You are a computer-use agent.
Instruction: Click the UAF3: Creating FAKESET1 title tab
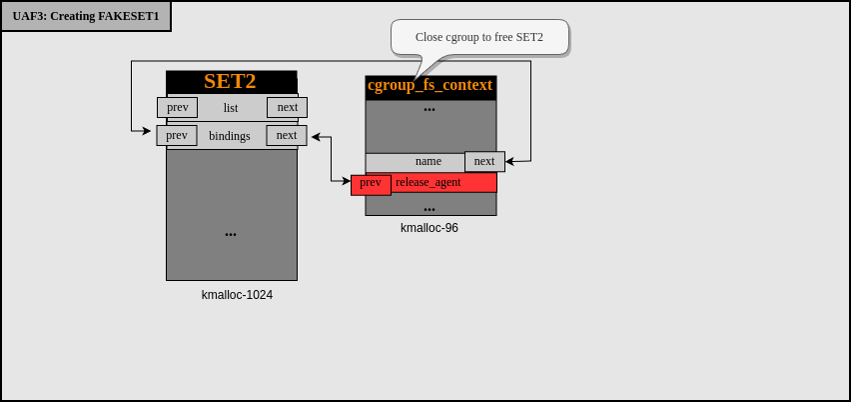(86, 16)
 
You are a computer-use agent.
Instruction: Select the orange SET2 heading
(231, 82)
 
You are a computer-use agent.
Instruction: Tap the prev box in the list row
(177, 107)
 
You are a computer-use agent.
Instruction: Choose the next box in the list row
(287, 107)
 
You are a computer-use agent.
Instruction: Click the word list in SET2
(231, 108)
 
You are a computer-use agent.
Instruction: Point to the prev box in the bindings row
(177, 135)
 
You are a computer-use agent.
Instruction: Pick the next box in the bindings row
(287, 135)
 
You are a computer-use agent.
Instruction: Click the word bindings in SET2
(230, 136)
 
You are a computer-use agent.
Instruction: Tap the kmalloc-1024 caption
(237, 295)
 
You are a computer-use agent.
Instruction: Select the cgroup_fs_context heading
(430, 86)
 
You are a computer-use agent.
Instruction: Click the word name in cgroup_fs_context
(428, 161)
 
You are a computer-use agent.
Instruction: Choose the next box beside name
(484, 161)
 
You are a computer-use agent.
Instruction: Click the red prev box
(371, 183)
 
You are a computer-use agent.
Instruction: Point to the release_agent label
(428, 183)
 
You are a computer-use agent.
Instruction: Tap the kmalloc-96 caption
(429, 228)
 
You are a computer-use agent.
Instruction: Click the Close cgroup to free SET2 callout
(479, 37)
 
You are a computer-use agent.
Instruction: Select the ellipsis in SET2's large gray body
(231, 234)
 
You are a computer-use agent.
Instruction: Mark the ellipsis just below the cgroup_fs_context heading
(429, 109)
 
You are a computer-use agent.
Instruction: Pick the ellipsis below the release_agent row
(429, 208)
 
